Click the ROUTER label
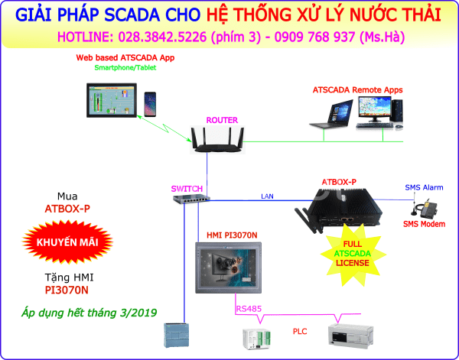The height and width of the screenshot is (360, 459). pyautogui.click(x=222, y=120)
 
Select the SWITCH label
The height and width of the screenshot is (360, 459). pyautogui.click(x=186, y=189)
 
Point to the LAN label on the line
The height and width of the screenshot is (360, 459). pyautogui.click(x=267, y=196)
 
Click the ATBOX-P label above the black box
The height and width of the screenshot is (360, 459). pyautogui.click(x=339, y=181)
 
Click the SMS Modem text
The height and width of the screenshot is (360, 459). pyautogui.click(x=424, y=224)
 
